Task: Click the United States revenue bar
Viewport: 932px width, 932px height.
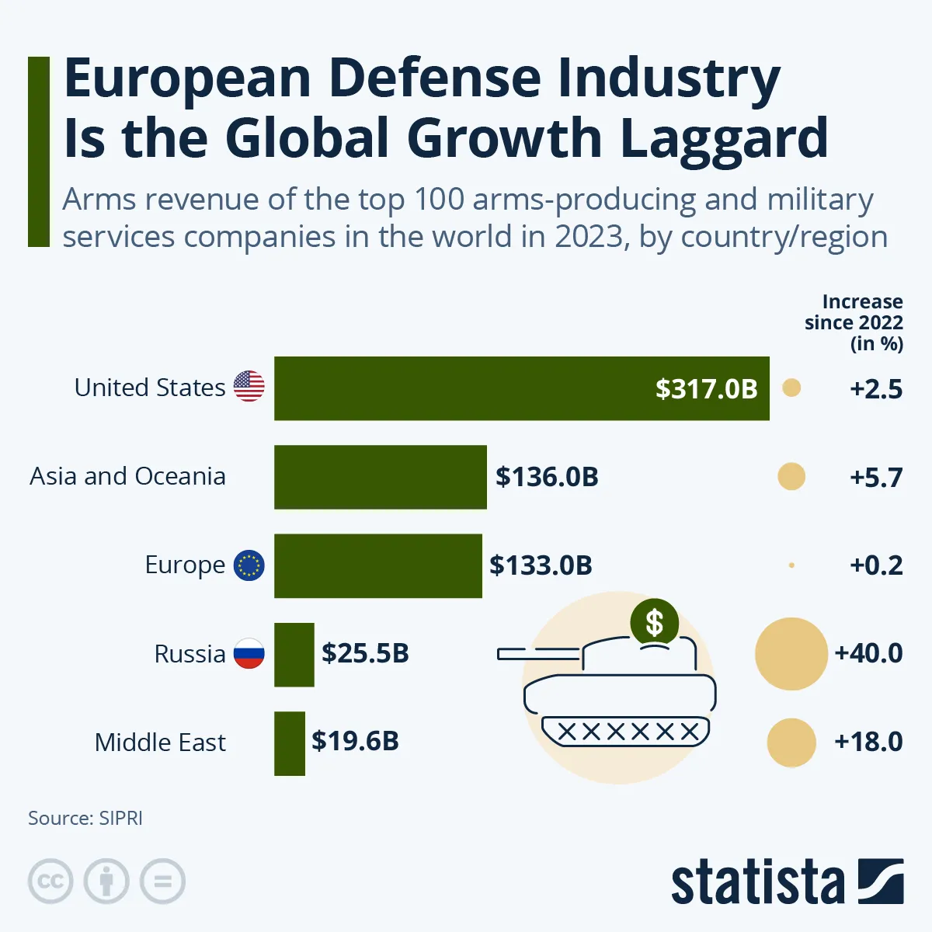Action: tap(466, 388)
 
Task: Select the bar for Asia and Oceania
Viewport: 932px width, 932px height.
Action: tap(381, 477)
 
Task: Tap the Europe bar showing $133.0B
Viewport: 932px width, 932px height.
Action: tap(378, 565)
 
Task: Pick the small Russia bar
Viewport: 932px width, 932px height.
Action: tap(294, 654)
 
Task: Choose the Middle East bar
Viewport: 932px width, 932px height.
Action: tap(290, 742)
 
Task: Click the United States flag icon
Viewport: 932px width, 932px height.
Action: tap(249, 386)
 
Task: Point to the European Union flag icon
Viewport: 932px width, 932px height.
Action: tap(249, 565)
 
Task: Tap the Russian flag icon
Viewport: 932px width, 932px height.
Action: tap(249, 654)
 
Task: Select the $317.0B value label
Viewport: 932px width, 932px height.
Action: tap(706, 388)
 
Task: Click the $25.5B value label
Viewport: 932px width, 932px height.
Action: tap(365, 653)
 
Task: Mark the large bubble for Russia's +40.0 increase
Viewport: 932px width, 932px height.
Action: tap(791, 654)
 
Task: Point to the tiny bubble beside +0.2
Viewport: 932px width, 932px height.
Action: tap(791, 565)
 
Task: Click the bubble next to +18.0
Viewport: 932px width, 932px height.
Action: tap(791, 742)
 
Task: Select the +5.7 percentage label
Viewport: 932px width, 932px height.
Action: tap(876, 477)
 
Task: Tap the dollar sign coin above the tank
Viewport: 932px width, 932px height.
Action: tap(655, 622)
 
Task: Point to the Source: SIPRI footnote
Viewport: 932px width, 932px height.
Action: tap(85, 818)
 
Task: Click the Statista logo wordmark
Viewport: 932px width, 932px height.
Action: tap(757, 882)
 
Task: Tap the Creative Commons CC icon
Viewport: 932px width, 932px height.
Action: tap(50, 882)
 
